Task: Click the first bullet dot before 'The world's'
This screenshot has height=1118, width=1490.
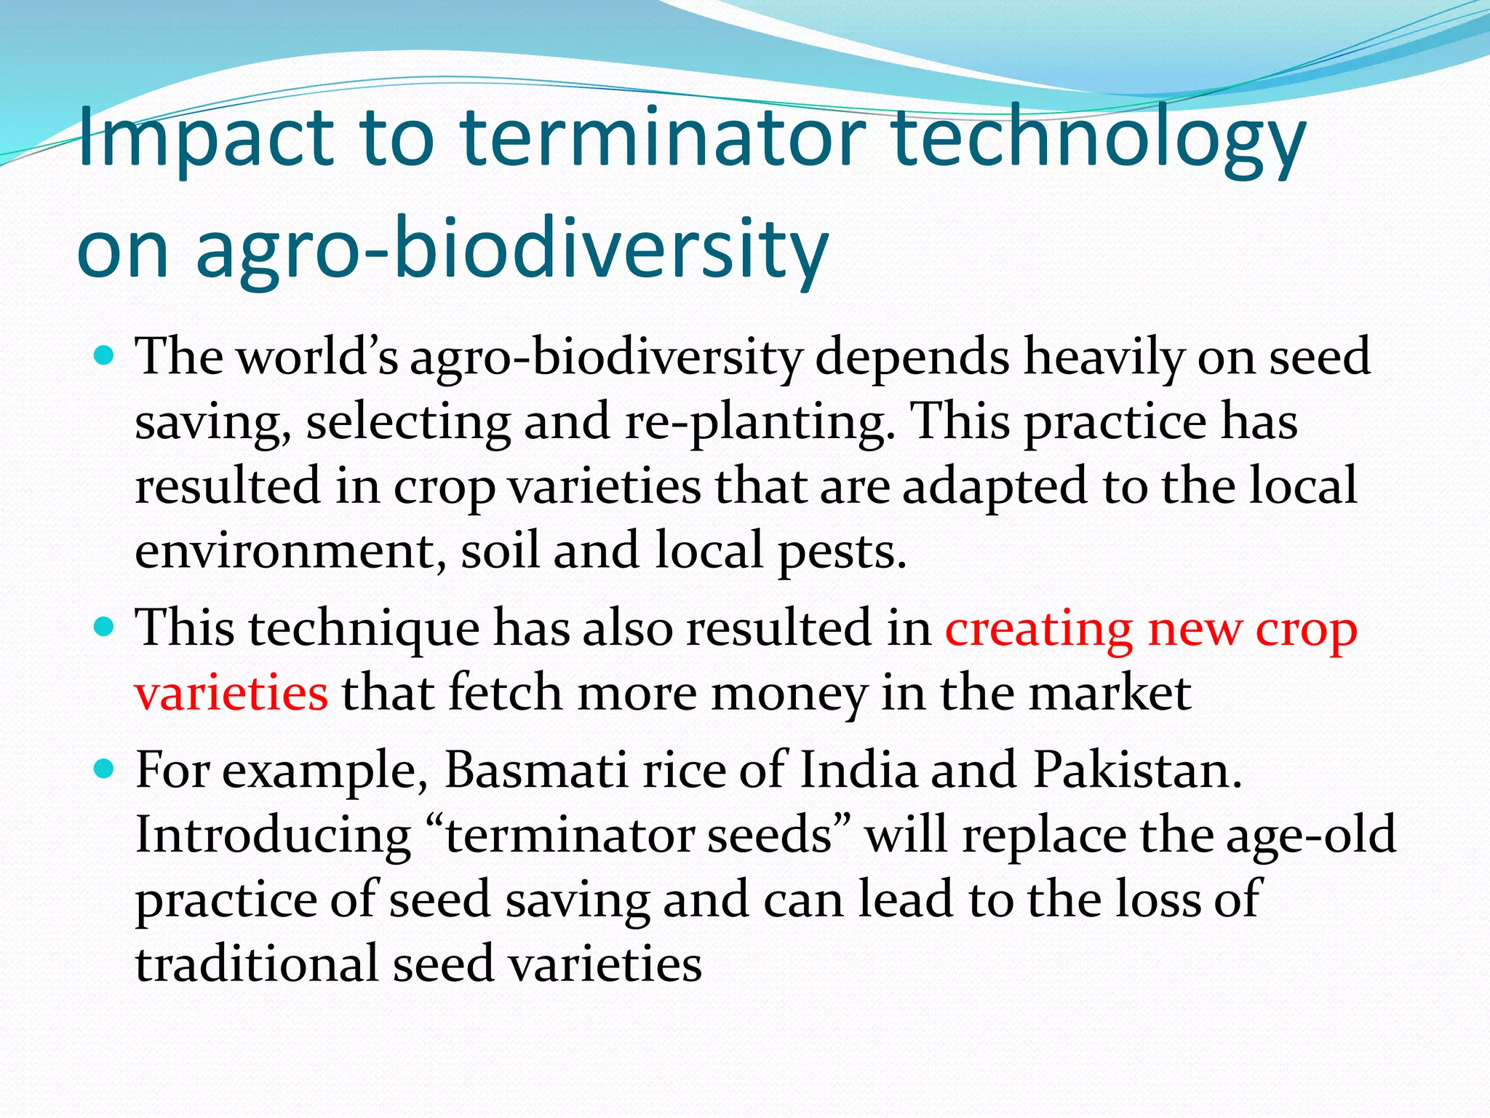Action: [105, 356]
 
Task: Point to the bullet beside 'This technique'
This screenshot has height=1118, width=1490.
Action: [105, 627]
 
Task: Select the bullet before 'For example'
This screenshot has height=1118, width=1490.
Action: [105, 769]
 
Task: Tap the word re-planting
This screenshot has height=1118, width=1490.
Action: [760, 422]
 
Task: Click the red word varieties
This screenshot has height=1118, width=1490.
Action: [231, 692]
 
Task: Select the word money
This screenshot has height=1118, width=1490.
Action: [789, 694]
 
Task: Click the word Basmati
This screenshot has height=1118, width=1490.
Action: [535, 769]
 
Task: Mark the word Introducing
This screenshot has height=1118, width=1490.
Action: [273, 835]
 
